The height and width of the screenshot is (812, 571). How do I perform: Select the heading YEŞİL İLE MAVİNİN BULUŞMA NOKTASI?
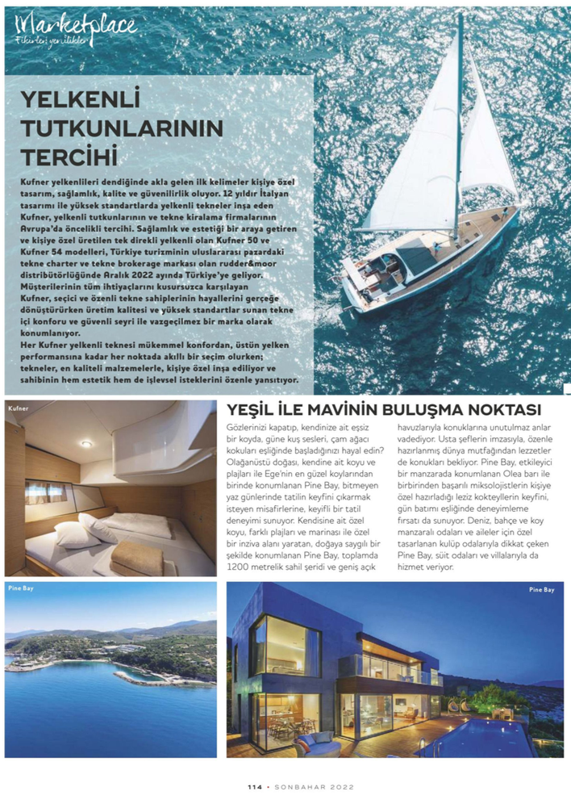pos(384,409)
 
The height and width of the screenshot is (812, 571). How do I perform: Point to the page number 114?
pos(256,786)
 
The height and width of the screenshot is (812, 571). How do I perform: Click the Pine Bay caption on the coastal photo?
pos(21,589)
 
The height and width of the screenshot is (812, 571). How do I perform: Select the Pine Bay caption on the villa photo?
pos(541,590)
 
